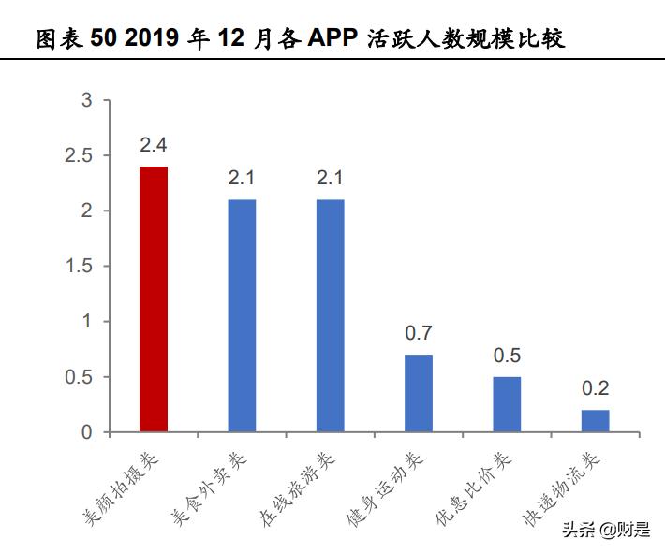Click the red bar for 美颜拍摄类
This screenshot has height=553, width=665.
point(154,299)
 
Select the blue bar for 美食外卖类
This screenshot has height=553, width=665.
point(242,315)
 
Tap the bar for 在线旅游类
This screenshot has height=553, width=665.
point(330,315)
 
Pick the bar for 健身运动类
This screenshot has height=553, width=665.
point(419,393)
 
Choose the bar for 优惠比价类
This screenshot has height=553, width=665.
point(507,404)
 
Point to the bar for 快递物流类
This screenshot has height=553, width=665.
point(595,421)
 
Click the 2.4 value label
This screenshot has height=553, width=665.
point(154,145)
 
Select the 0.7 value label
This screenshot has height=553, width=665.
point(419,333)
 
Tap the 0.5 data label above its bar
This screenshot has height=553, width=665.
point(507,356)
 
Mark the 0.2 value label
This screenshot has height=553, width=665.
point(595,388)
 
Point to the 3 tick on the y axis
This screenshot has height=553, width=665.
point(87,100)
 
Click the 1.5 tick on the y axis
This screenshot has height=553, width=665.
point(81,267)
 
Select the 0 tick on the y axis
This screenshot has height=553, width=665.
point(87,432)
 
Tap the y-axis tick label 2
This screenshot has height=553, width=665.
point(87,211)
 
